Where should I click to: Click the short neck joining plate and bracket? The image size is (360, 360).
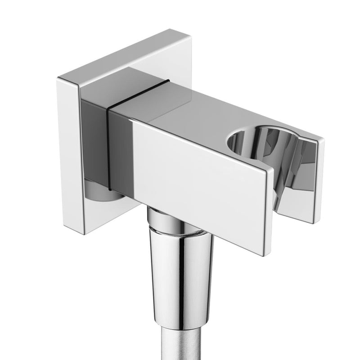97,135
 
